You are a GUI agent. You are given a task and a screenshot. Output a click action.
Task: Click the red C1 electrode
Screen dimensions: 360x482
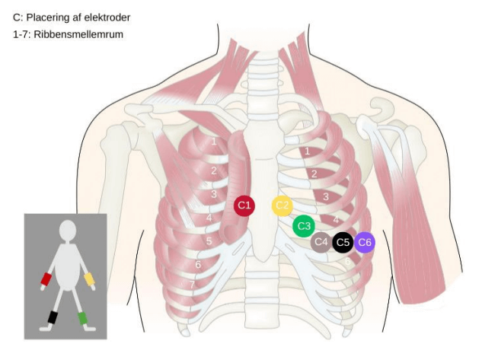tap(244, 205)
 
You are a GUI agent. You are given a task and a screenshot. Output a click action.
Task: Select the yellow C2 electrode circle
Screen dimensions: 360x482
tap(282, 205)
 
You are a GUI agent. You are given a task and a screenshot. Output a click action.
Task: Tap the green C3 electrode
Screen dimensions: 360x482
tap(303, 226)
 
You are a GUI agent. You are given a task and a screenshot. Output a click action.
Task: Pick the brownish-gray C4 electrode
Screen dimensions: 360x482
tap(321, 243)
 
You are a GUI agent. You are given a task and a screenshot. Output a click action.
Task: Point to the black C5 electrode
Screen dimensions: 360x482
tap(343, 243)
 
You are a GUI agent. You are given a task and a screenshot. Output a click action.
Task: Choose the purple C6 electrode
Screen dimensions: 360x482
tap(365, 243)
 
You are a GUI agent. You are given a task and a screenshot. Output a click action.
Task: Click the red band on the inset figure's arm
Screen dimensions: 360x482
tap(46, 280)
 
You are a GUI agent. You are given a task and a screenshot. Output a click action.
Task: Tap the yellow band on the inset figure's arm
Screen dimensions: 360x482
tap(89, 279)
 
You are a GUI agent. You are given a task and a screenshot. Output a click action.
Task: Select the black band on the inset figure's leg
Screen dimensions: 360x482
tap(53, 317)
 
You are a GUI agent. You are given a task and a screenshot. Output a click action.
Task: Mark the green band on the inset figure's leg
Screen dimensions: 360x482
tap(83, 317)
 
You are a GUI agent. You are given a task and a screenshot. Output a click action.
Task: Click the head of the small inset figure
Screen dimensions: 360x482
tap(68, 230)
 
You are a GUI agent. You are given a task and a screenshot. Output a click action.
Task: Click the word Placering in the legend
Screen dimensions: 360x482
tap(49, 17)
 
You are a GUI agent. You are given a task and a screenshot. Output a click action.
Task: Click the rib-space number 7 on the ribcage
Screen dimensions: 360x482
tap(193, 285)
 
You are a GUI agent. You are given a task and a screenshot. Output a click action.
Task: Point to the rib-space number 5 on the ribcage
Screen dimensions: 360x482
tap(209, 241)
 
